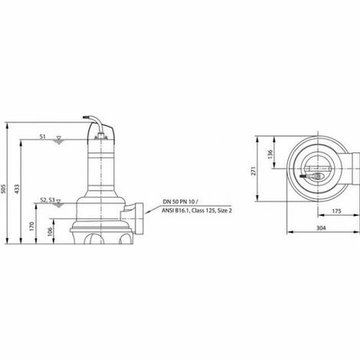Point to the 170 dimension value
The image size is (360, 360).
(32, 226)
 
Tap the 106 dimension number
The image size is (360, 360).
(48, 232)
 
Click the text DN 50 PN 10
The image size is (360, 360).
(179, 200)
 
